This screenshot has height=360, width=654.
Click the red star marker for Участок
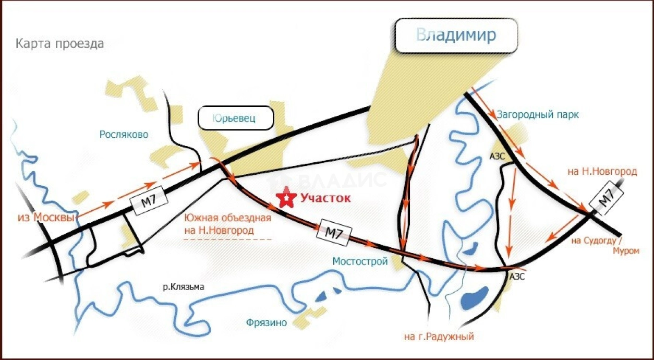(x=286, y=198)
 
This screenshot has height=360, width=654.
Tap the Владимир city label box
(x=456, y=36)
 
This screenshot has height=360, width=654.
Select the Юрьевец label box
(x=236, y=118)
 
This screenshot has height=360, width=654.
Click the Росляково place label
(x=124, y=135)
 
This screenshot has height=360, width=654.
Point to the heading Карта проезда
(x=59, y=44)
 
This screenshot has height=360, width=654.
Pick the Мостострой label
(x=360, y=261)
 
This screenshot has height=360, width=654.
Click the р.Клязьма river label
(x=183, y=286)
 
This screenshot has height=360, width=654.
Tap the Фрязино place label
(x=267, y=323)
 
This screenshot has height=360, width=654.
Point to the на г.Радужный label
(x=439, y=337)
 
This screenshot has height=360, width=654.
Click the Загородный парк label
(x=538, y=115)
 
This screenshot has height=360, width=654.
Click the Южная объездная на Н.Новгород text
(x=228, y=224)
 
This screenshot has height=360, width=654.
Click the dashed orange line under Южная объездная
(x=228, y=239)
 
